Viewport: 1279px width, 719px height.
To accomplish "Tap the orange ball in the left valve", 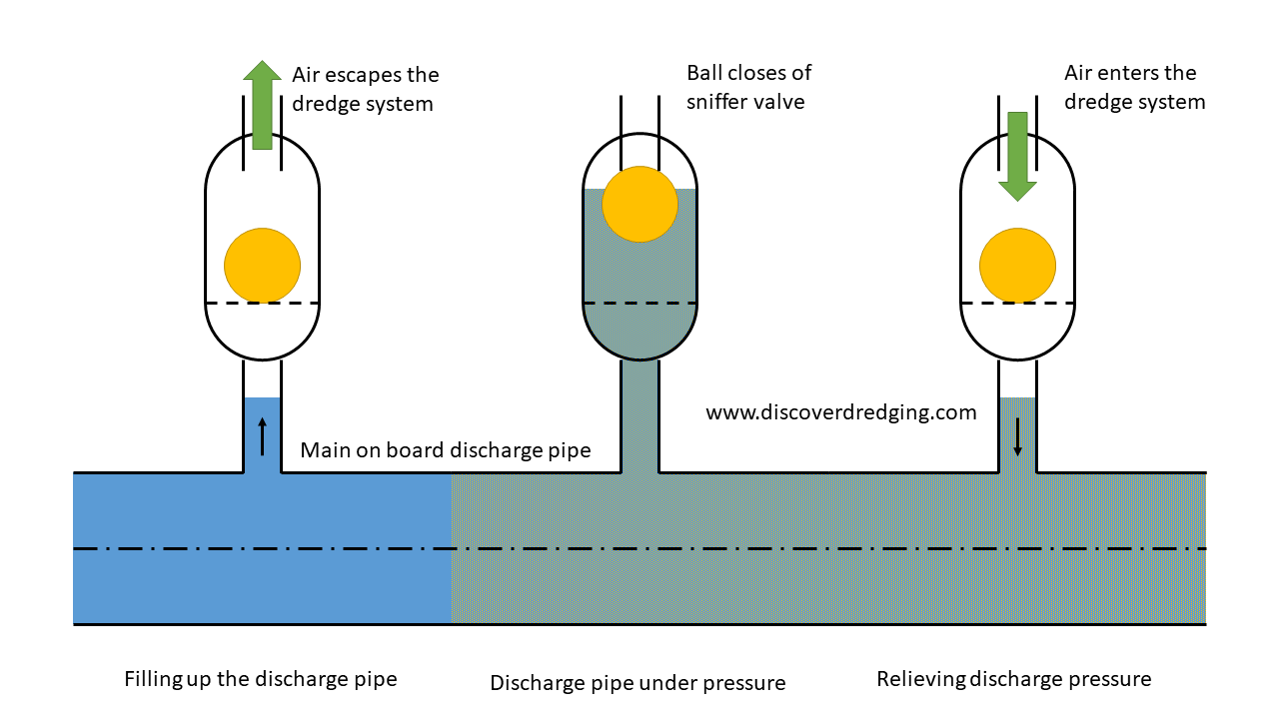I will tap(262, 265).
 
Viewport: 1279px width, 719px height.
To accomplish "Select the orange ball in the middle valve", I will tap(640, 204).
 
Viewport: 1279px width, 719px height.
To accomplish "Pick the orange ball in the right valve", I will tap(1017, 265).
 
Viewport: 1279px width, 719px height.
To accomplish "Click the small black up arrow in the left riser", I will tap(263, 436).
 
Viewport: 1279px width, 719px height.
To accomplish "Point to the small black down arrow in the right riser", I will tap(1017, 436).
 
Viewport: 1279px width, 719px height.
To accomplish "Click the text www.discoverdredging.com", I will tap(840, 412).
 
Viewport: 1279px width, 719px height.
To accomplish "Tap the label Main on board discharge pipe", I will tap(446, 450).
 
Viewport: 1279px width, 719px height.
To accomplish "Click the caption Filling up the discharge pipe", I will tap(261, 679).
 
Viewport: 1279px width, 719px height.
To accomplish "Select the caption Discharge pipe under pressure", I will tap(638, 683).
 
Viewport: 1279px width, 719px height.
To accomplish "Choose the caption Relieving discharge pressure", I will tap(1013, 679).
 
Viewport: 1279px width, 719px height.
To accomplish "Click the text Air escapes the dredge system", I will tap(365, 89).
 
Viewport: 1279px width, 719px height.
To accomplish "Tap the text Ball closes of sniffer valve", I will tap(748, 87).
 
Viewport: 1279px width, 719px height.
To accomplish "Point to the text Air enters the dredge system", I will tap(1134, 87).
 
